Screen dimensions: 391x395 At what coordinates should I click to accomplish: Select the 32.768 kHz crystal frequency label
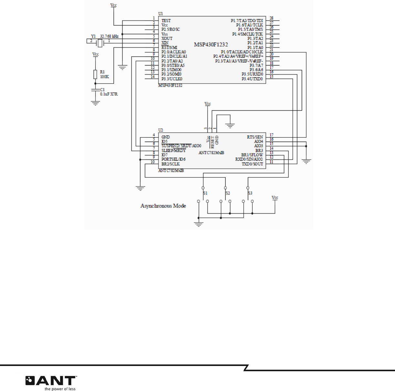point(109,36)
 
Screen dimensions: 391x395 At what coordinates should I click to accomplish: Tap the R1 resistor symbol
point(95,74)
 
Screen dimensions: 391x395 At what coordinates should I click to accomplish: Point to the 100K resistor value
point(105,77)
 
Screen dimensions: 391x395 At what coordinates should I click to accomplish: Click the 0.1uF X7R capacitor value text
point(109,94)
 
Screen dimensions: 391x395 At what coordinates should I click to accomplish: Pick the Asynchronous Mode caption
point(163,206)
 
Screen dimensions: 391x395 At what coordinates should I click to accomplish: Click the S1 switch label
point(205,193)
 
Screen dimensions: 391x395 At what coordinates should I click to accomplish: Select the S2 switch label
point(228,193)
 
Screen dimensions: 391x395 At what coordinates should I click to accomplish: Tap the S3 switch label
point(250,193)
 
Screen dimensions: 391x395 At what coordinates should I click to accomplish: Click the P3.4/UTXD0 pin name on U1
point(252,79)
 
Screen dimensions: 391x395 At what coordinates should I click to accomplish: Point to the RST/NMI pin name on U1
point(169,47)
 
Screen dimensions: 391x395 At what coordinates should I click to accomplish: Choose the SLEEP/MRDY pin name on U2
point(174,150)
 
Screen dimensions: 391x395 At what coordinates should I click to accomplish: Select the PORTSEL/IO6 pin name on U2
point(173,159)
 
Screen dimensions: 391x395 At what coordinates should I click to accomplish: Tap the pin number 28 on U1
point(271,18)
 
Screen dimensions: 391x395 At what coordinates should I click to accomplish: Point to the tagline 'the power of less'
point(60,389)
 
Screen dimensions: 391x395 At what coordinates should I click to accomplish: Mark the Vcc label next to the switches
point(275,197)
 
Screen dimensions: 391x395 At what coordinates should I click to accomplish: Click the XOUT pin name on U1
point(167,38)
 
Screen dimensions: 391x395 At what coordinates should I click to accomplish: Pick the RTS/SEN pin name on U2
point(255,137)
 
